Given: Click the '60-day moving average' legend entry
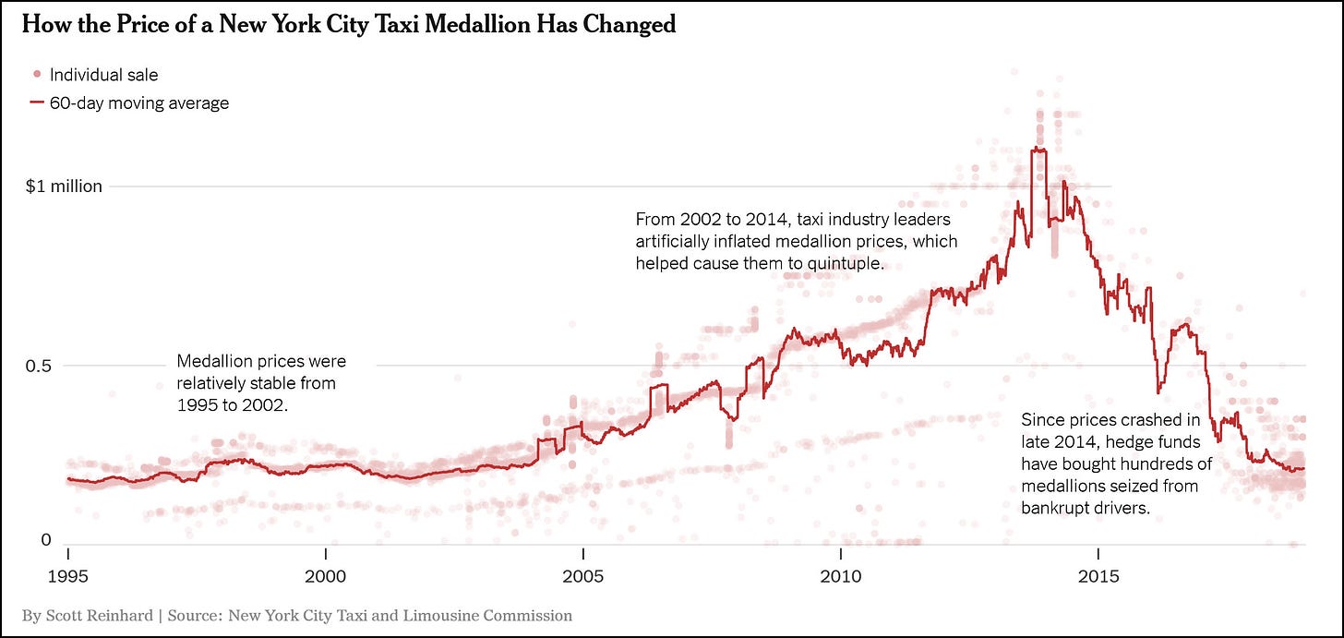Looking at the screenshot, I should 138,103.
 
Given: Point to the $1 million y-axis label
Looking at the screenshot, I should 64,187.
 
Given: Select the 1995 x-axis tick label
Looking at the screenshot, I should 67,577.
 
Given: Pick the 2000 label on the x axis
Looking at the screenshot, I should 325,577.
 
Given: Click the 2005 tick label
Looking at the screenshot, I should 582,577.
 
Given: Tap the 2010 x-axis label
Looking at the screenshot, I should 840,577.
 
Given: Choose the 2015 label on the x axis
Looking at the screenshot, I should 1098,577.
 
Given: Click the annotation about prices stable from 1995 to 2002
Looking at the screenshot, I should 260,382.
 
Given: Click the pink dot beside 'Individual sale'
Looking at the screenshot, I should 36,75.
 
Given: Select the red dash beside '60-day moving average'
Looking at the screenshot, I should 36,103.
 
